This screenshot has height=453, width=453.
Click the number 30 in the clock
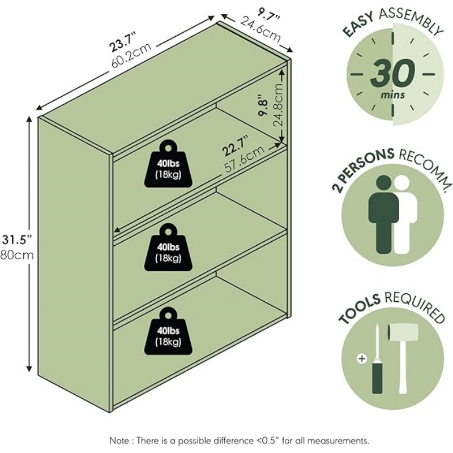click(x=392, y=74)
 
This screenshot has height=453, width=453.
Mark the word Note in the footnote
click(x=122, y=439)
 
